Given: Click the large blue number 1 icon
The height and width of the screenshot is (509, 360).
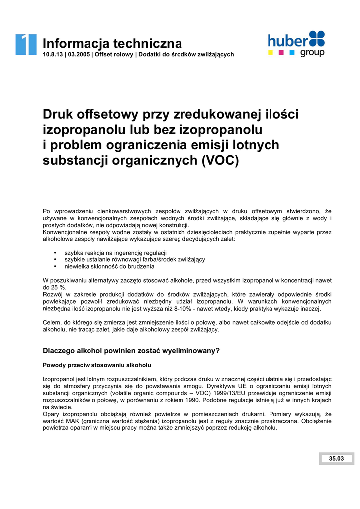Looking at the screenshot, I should (x=26, y=44).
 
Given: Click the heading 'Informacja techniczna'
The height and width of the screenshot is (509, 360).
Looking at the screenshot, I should (x=112, y=43).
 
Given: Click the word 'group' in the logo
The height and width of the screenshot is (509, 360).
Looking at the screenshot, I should (x=312, y=52).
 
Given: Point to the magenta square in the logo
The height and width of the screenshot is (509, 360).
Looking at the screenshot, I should (x=281, y=51).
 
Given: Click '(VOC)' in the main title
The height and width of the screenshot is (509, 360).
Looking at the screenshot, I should (x=220, y=161).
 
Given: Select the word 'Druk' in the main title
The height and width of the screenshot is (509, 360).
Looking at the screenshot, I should (x=60, y=114).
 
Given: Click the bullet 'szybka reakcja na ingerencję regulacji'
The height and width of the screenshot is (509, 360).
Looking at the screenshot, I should (x=115, y=253).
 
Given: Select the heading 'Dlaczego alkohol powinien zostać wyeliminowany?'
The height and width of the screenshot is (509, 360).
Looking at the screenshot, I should (x=131, y=350).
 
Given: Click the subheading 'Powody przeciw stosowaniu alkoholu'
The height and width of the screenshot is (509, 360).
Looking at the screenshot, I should (x=97, y=365).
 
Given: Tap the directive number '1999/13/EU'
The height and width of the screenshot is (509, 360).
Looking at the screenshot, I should (x=224, y=393).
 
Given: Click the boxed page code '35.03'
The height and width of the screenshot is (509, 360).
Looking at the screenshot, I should (x=336, y=458).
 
